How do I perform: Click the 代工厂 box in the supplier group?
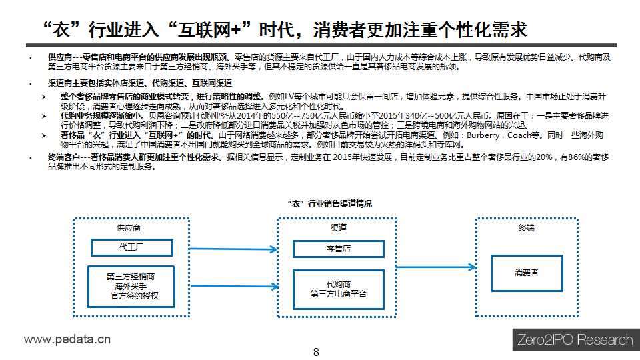click(x=132, y=247)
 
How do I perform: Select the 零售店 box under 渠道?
click(x=339, y=249)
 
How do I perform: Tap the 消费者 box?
click(x=527, y=273)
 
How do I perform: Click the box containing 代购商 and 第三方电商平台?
click(x=339, y=289)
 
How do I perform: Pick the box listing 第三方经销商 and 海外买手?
click(x=131, y=287)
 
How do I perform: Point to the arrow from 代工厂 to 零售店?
click(x=233, y=249)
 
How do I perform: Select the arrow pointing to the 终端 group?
click(x=436, y=267)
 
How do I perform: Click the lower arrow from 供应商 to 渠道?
click(x=234, y=286)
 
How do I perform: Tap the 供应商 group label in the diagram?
click(x=129, y=228)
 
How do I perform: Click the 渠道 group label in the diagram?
click(x=339, y=228)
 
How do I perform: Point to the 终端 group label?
click(x=526, y=228)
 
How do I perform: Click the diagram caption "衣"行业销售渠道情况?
click(x=330, y=204)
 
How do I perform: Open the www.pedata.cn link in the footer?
click(x=67, y=339)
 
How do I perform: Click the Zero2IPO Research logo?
click(x=575, y=339)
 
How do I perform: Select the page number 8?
click(x=316, y=352)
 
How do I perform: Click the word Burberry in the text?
click(x=483, y=135)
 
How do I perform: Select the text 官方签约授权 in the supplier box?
click(x=135, y=296)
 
